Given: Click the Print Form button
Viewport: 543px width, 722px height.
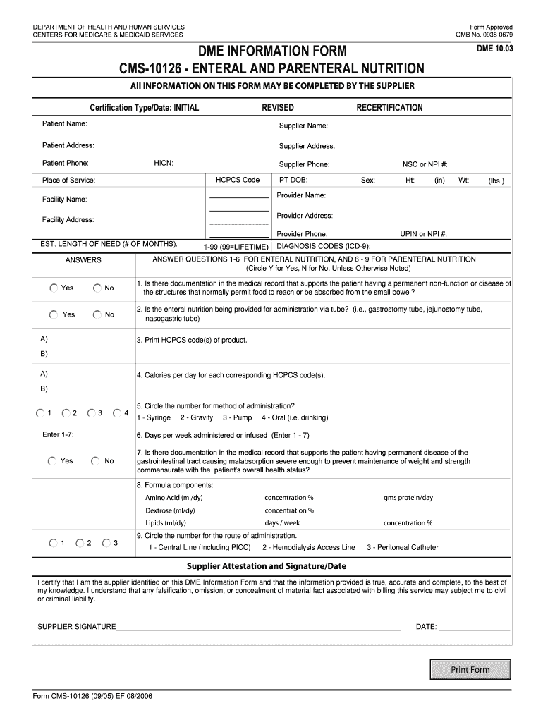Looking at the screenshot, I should (x=470, y=669).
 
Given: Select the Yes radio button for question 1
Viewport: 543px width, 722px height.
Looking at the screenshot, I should (x=54, y=288).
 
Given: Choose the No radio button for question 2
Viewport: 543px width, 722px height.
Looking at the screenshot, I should (x=97, y=314).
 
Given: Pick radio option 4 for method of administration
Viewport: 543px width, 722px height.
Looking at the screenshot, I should (x=116, y=412).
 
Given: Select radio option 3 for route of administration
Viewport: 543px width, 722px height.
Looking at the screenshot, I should (x=106, y=543).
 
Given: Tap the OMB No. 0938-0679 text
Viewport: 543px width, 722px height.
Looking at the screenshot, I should (x=484, y=35).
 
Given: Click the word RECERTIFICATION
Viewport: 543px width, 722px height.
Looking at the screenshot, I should (x=389, y=108).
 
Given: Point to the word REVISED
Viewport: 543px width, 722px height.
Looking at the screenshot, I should (x=278, y=108).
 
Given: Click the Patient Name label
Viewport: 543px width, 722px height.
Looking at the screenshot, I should (x=64, y=123).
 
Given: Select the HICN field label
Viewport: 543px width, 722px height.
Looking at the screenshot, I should (x=164, y=164).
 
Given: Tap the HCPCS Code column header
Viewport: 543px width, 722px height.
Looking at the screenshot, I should (x=238, y=180).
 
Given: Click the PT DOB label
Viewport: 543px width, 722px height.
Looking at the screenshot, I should (x=293, y=180).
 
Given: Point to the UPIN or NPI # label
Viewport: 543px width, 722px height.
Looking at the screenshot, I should (x=424, y=233).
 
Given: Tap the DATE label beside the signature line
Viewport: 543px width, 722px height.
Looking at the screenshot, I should (x=426, y=626).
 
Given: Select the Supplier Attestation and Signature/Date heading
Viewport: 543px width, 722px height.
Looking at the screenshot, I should (x=266, y=566).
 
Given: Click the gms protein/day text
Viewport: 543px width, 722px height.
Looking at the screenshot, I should (x=408, y=498).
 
